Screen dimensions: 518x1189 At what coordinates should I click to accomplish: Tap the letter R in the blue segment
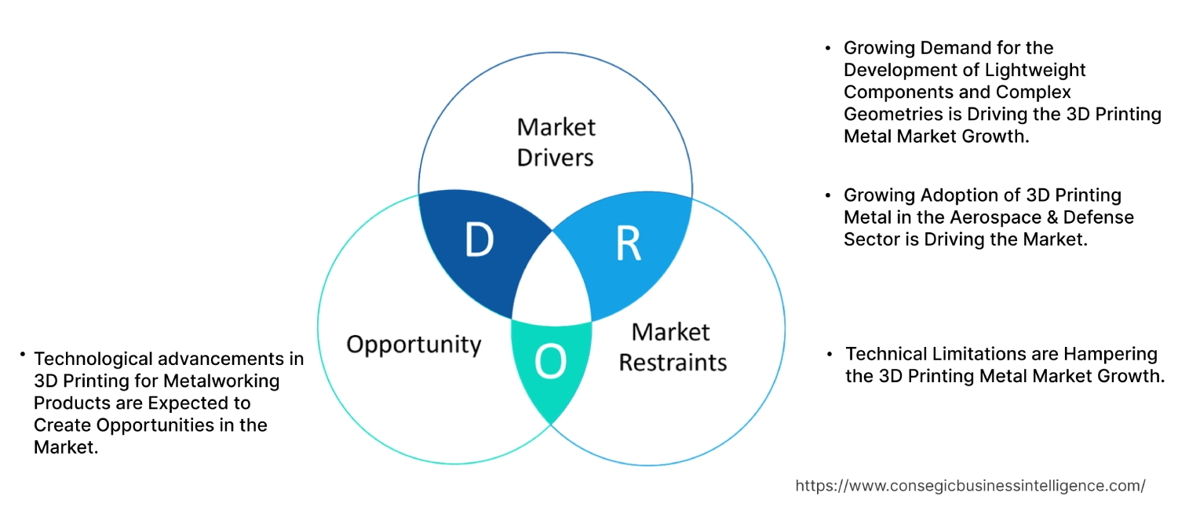629,244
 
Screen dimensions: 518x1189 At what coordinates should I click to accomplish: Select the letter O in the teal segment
550,362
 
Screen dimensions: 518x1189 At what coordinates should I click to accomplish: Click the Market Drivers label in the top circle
556,142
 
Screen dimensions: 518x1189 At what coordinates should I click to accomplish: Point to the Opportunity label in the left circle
414,344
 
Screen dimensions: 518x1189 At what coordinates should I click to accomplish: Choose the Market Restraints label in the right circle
673,347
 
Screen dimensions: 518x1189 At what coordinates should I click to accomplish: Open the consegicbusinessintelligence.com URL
970,486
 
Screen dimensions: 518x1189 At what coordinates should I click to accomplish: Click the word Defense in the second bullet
1103,217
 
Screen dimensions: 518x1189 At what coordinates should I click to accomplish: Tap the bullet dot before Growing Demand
828,49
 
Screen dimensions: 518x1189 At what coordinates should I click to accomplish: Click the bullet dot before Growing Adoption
828,195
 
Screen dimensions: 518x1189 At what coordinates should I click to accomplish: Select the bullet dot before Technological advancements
23,356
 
